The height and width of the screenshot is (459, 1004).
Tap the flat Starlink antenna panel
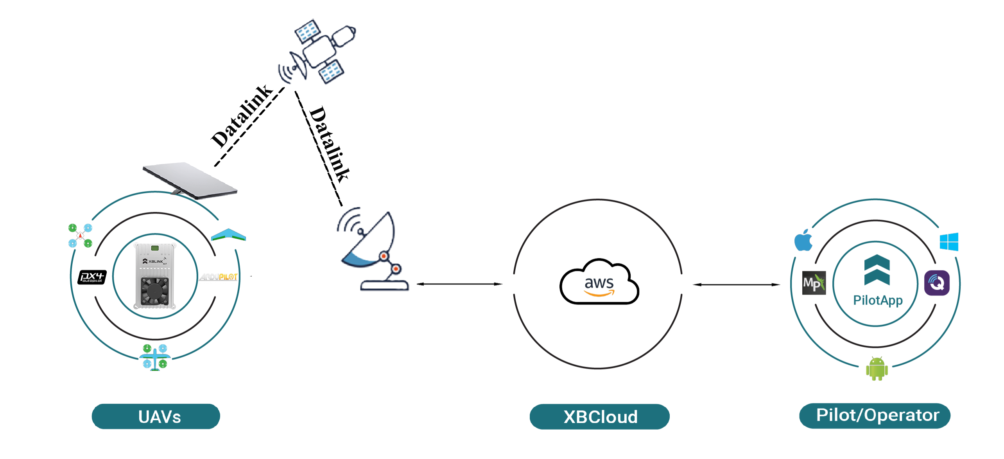(190, 180)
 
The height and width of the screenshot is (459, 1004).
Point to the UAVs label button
(156, 416)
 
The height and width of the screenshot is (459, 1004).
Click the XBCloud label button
(599, 417)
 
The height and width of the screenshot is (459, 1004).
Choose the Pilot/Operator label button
(875, 416)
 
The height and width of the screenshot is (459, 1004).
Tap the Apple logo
(803, 241)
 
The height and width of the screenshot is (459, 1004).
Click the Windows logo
(949, 241)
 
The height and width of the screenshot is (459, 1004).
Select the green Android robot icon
(877, 369)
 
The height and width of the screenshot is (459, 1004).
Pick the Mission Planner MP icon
(814, 283)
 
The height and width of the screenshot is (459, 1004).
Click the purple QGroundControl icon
(937, 283)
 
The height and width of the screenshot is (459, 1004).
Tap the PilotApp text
(878, 300)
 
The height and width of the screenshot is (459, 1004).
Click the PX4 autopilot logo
(92, 277)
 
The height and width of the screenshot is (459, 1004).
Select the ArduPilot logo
(219, 277)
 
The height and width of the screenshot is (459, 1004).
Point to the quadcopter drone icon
(80, 236)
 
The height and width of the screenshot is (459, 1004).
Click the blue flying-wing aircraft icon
(228, 235)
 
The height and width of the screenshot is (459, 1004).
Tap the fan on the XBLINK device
(155, 291)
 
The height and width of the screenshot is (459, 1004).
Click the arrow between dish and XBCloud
(459, 284)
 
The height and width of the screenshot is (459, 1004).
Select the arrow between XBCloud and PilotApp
(736, 284)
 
